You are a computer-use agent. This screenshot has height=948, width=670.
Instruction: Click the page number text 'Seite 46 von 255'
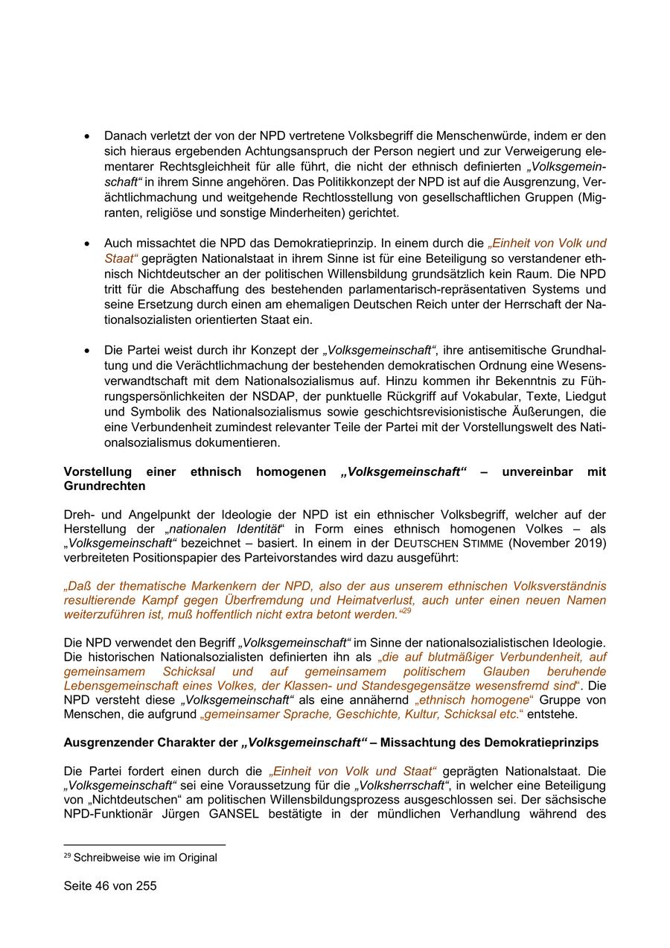pos(110,886)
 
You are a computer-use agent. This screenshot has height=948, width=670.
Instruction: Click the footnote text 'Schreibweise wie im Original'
pos(145,857)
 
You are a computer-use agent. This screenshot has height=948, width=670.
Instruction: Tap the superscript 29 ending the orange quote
pos(406,611)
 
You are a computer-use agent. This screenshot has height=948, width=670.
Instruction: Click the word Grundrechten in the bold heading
pos(104,486)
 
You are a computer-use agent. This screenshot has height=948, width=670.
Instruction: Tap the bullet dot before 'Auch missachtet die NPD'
pos(87,244)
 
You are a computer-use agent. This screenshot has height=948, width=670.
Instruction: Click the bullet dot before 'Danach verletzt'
pos(87,137)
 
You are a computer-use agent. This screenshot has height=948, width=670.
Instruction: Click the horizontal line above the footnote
pos(144,844)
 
